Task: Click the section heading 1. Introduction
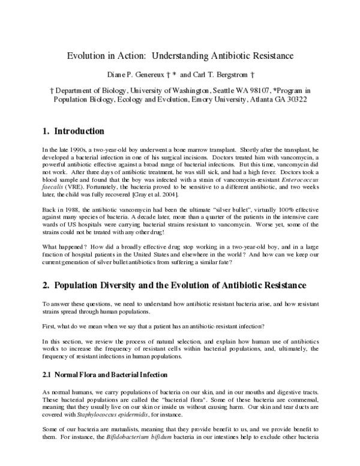pos(74,132)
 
